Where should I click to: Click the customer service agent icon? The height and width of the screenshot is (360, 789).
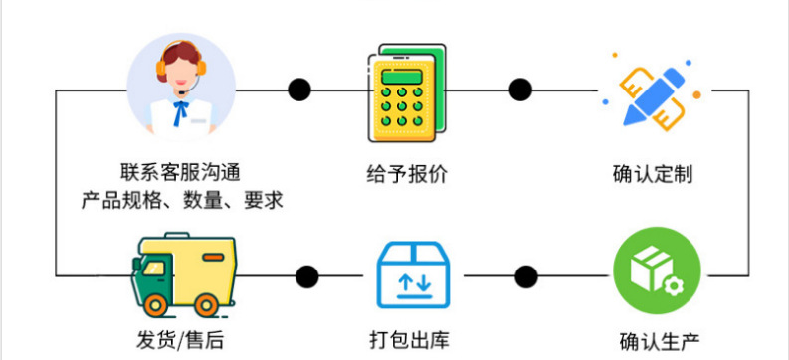pos(181,87)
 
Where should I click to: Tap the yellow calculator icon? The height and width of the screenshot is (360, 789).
pos(407,93)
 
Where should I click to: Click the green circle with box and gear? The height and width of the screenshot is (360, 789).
pos(657,270)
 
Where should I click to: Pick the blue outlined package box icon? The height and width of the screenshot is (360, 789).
pos(413,274)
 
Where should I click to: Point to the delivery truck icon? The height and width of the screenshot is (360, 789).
pos(183,275)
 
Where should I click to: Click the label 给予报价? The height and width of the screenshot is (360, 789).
pos(407,174)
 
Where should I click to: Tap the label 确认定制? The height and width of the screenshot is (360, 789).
pos(653,174)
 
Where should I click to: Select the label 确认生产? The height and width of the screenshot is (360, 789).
pos(660,341)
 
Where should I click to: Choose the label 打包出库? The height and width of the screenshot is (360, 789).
pos(409,340)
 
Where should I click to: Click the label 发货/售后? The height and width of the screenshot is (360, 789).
pos(180,340)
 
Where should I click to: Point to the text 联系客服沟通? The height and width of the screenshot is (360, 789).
pos(180,173)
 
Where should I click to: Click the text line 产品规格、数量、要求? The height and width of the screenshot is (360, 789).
pos(182,201)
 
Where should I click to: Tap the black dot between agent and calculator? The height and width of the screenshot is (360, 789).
pos(299,90)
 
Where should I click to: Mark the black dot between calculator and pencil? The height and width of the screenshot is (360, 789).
pos(520,90)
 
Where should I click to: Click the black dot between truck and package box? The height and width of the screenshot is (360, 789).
pos(307,276)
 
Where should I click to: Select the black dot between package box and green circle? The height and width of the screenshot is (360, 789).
pos(526,276)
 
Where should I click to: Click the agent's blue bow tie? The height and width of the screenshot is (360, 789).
pos(180,112)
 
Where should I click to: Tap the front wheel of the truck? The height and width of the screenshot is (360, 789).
pos(155,304)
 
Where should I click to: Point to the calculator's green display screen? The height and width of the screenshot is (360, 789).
pos(401,78)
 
